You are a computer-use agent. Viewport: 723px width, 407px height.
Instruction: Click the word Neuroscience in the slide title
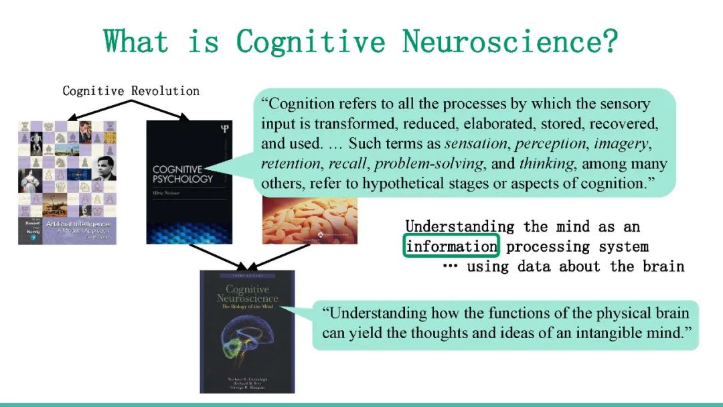click(x=499, y=42)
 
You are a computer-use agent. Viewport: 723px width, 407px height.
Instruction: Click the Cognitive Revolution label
click(x=131, y=90)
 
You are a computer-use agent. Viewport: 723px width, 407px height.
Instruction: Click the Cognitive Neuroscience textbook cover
click(x=247, y=331)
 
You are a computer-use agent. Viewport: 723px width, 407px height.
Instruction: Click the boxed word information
click(x=452, y=246)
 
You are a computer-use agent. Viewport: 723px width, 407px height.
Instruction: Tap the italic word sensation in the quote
click(x=472, y=143)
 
